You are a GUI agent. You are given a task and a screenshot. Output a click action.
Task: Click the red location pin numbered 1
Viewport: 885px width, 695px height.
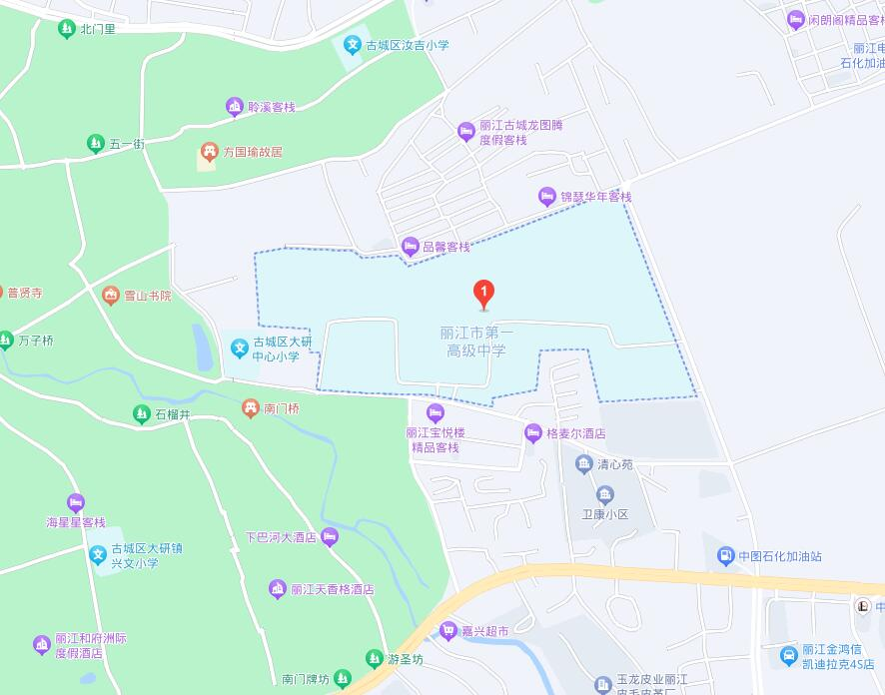click(x=483, y=293)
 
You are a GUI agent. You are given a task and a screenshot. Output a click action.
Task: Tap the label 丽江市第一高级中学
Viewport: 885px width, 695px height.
click(x=476, y=342)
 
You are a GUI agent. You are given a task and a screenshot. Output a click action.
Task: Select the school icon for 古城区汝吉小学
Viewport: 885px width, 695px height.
click(x=352, y=45)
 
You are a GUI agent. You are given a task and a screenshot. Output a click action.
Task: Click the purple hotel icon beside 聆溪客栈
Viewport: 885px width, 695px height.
click(x=234, y=107)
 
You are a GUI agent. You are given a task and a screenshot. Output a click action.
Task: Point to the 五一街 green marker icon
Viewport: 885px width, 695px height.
click(x=95, y=144)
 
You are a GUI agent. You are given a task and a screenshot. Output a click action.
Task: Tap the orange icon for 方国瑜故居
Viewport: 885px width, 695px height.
click(x=209, y=152)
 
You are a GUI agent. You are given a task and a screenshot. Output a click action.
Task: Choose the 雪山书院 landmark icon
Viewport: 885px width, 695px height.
click(x=110, y=296)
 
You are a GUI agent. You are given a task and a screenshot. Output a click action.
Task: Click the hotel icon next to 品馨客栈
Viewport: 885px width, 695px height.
click(x=410, y=247)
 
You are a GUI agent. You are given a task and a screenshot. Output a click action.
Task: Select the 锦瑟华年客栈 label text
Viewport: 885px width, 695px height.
click(x=595, y=197)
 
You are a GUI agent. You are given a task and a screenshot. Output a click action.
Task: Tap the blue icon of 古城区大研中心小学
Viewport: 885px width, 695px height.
click(x=239, y=348)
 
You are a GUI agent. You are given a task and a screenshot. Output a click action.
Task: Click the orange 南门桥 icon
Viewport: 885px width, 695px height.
click(x=250, y=408)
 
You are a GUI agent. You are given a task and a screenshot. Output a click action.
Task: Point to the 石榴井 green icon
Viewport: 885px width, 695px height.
click(x=141, y=413)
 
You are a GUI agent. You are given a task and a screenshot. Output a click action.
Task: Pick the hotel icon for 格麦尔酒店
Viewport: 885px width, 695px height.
click(x=532, y=433)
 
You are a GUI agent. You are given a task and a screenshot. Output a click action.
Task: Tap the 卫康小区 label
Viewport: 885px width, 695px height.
click(x=604, y=514)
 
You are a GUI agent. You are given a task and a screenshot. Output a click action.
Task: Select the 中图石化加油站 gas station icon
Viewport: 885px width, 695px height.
click(x=725, y=556)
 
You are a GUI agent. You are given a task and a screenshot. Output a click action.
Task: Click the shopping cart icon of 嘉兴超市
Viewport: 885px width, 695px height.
click(x=447, y=631)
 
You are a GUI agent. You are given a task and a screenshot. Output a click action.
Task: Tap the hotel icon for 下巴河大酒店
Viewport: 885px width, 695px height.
click(x=330, y=537)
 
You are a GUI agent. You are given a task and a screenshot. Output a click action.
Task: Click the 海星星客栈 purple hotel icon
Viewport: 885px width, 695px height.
click(x=76, y=503)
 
